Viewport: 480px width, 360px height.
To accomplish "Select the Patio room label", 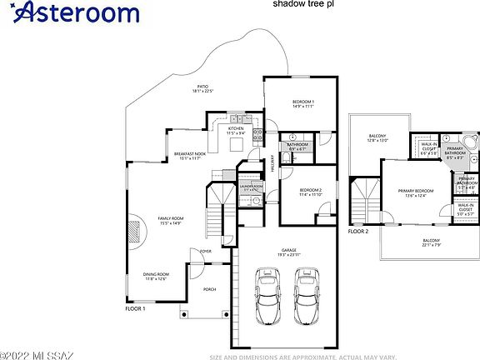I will tap(202, 87).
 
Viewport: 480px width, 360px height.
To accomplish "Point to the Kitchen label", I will tap(237, 130).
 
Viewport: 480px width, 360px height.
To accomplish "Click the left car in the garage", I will tap(268, 299).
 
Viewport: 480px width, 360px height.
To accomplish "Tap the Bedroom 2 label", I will tap(309, 192).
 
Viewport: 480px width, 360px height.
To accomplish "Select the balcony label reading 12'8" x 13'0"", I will tap(378, 138).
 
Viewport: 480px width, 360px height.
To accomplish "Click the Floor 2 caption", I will tap(358, 230).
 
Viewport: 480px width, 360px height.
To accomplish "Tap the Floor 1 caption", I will tap(135, 309).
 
